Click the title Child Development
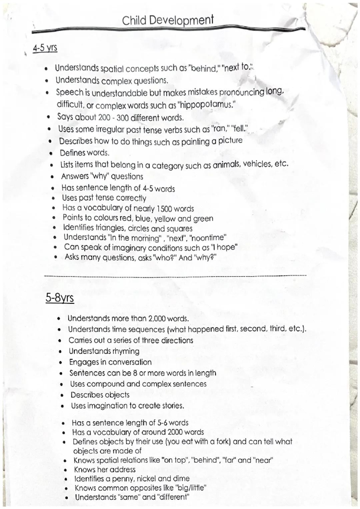tap(168, 21)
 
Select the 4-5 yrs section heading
tap(45, 48)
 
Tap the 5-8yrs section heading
tap(59, 297)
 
